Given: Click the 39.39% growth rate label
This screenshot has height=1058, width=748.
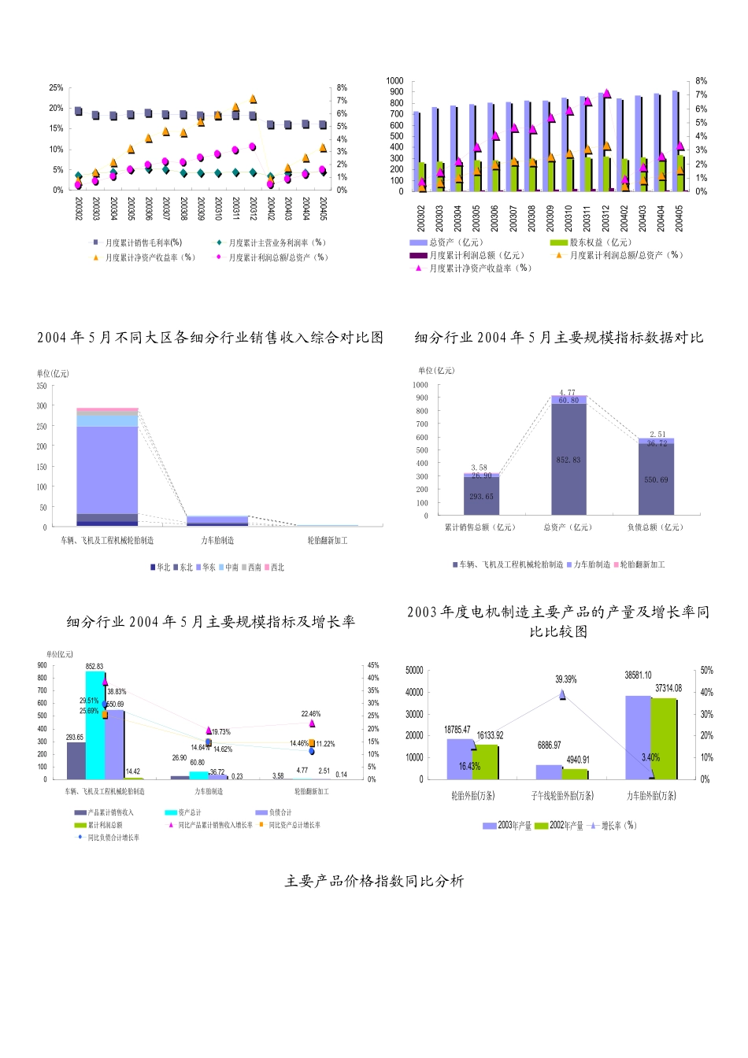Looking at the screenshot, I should click(565, 679).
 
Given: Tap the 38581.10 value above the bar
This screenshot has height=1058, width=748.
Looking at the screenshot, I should click(638, 675).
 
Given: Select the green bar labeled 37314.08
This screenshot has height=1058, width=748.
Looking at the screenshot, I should click(663, 738).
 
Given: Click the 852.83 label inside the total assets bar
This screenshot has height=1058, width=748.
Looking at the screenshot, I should click(568, 460).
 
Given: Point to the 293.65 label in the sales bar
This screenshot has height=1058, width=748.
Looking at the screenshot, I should click(481, 497).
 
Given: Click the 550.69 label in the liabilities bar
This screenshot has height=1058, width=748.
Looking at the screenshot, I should click(656, 480).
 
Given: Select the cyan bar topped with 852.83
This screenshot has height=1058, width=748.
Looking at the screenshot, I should click(94, 724).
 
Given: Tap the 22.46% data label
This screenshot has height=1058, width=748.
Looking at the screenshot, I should click(311, 714).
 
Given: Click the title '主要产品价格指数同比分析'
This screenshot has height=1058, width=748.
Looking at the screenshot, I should click(374, 881).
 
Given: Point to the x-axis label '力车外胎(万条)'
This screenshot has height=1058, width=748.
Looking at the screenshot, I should click(651, 796).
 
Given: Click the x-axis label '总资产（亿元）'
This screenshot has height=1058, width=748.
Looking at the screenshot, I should click(568, 527).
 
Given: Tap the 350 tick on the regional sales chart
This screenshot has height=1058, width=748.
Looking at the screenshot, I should click(42, 386).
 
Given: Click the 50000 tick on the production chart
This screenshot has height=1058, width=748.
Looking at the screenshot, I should click(414, 671).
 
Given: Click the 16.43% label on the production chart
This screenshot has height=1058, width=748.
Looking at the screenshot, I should click(469, 766).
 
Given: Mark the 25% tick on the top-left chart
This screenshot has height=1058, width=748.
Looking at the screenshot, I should click(56, 87).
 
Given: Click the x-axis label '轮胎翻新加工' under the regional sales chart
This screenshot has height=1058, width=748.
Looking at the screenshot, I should click(328, 541).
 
